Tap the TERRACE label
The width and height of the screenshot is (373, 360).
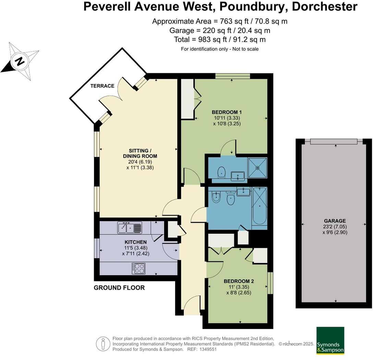point(103,86)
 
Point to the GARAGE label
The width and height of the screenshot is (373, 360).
point(335,221)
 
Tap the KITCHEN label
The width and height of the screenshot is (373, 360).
point(135,242)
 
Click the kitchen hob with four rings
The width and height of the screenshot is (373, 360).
point(139,268)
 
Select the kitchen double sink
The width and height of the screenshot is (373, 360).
point(129,227)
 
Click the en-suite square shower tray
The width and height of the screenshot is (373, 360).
point(257,168)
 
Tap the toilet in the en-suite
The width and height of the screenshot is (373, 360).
point(222,172)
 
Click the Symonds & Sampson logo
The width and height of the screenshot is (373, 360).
point(330,340)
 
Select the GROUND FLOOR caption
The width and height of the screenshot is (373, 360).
point(119,288)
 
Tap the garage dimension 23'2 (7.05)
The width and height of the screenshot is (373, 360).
point(335,227)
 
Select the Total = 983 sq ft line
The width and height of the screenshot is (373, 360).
point(220,39)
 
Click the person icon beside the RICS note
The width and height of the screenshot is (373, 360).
point(103,344)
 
